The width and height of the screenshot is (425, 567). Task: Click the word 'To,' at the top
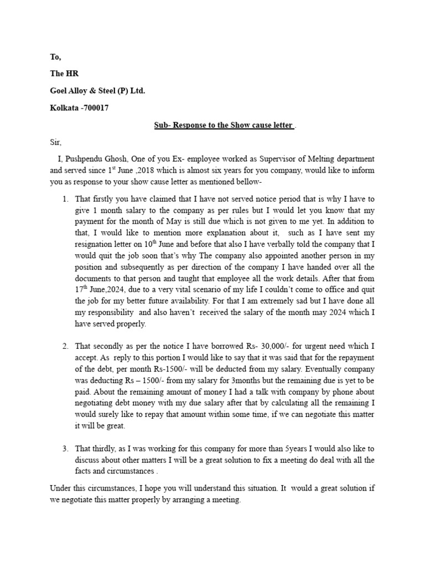[x=56, y=56]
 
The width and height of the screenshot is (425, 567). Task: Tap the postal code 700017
[x=94, y=107]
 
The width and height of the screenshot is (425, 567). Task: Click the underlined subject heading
[x=223, y=125]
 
